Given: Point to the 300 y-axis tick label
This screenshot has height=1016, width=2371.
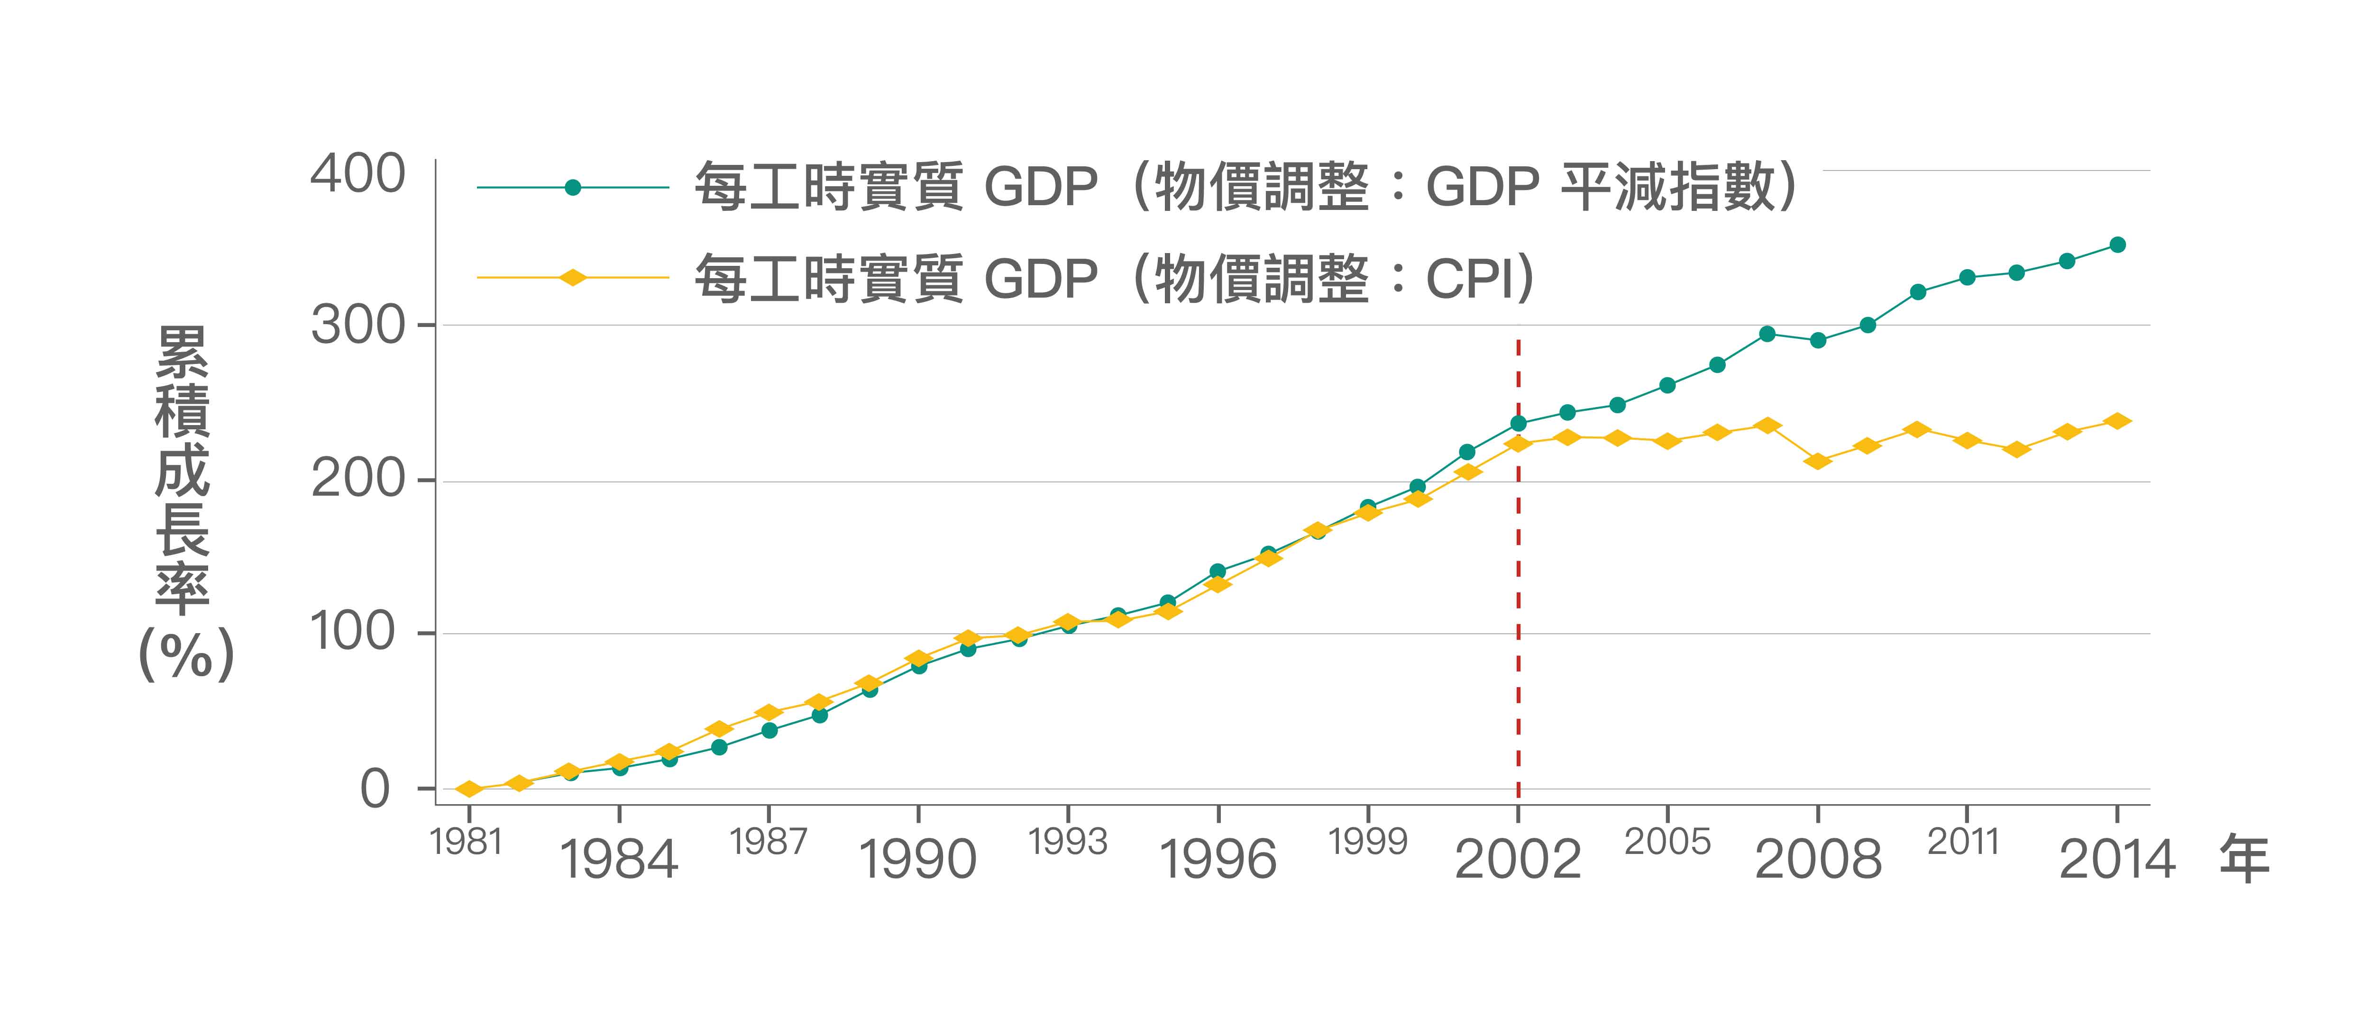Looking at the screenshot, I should point(357,326).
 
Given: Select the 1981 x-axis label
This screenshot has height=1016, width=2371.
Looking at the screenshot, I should point(467,841).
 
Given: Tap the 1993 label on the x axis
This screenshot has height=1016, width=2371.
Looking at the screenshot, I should point(1068,841).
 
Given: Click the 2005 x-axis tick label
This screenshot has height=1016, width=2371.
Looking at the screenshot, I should point(1667,841).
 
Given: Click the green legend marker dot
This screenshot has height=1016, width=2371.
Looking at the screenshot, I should point(573,188).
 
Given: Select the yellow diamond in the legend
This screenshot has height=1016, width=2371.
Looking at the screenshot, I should point(573,278).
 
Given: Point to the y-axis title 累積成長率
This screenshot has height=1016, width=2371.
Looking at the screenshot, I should point(182,469).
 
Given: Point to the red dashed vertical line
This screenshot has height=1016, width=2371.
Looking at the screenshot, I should point(1518,598).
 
